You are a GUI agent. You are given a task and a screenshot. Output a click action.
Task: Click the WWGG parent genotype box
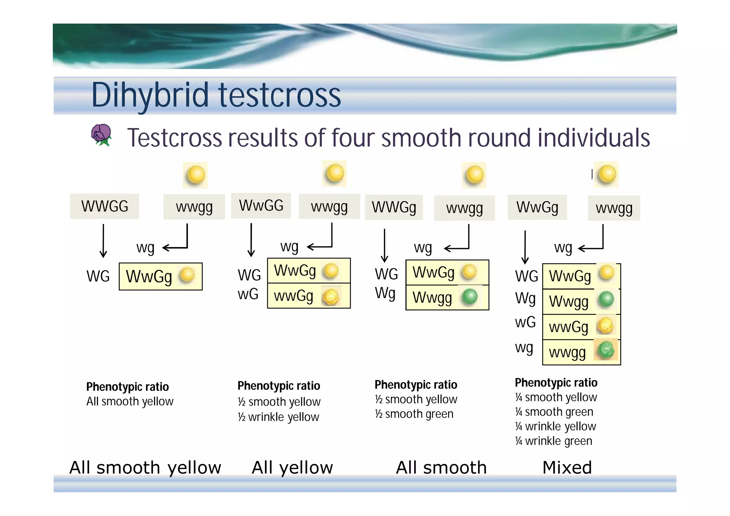104,206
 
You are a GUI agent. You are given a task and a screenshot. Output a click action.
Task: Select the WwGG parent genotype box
261,206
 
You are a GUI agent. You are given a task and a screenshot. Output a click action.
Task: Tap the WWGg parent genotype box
394,207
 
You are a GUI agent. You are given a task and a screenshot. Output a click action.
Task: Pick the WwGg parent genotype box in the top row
537,207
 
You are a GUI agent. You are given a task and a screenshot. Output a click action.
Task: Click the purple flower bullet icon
101,135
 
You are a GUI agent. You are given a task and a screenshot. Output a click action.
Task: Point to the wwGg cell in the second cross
294,296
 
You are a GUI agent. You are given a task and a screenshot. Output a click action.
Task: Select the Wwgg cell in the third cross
432,298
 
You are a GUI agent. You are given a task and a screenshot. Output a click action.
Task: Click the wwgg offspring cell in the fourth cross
567,352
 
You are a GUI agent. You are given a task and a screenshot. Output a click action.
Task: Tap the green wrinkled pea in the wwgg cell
606,350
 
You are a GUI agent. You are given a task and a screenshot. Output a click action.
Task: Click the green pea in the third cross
469,297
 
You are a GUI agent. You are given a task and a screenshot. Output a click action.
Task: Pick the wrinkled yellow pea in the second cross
331,296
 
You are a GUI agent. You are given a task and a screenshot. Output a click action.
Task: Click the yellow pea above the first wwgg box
195,175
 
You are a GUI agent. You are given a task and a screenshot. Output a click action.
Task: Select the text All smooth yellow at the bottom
145,468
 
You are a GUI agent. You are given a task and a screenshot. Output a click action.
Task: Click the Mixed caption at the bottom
567,468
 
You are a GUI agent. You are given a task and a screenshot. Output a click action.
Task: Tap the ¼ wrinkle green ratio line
554,441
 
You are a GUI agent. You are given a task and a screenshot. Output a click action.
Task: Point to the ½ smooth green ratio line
414,414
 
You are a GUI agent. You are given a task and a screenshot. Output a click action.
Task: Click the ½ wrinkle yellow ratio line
278,417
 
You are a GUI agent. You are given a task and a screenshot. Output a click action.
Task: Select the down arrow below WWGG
103,241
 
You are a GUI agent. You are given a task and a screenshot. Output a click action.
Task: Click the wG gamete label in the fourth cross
525,322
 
